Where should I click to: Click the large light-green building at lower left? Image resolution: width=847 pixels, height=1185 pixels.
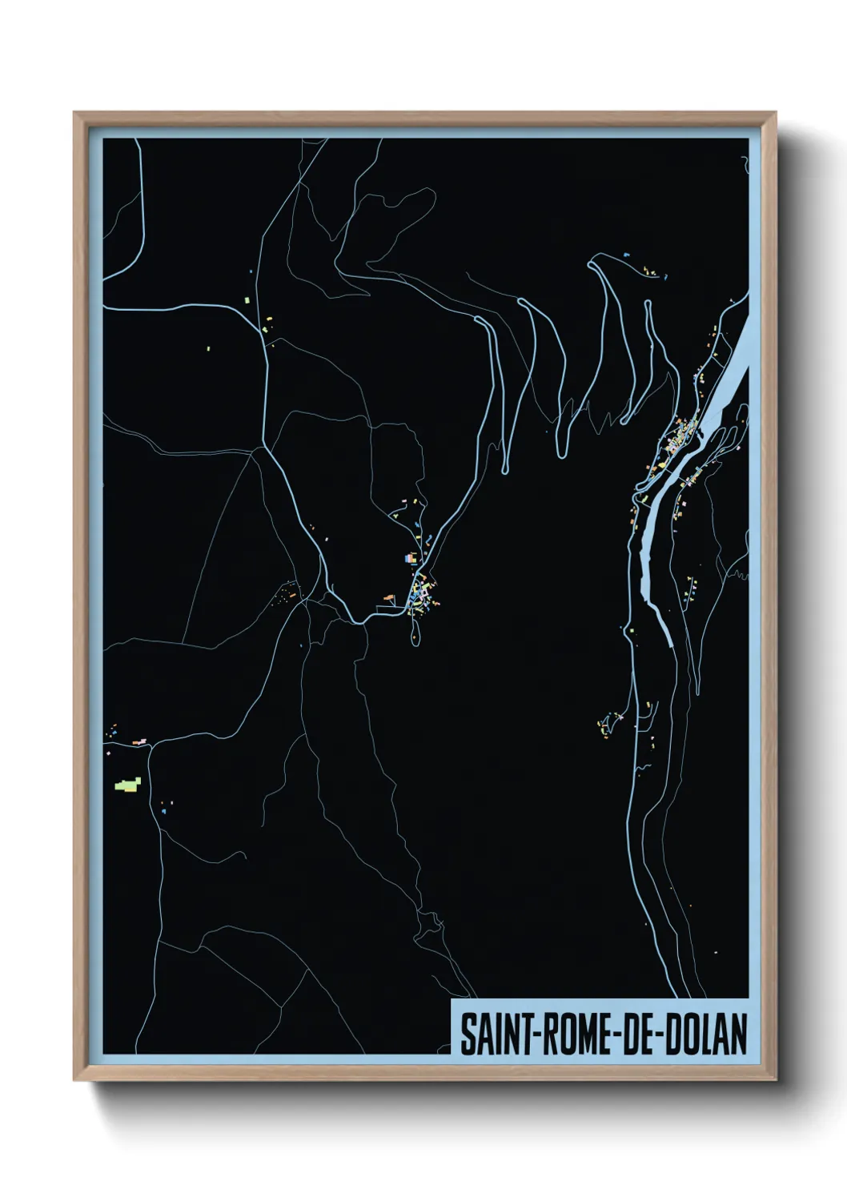tap(128, 785)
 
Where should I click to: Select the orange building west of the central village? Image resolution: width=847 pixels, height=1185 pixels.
tap(390, 597)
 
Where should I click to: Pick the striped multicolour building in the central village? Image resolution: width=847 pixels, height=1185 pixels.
tap(411, 557)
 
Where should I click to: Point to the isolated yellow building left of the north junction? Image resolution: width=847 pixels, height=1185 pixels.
tap(209, 348)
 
